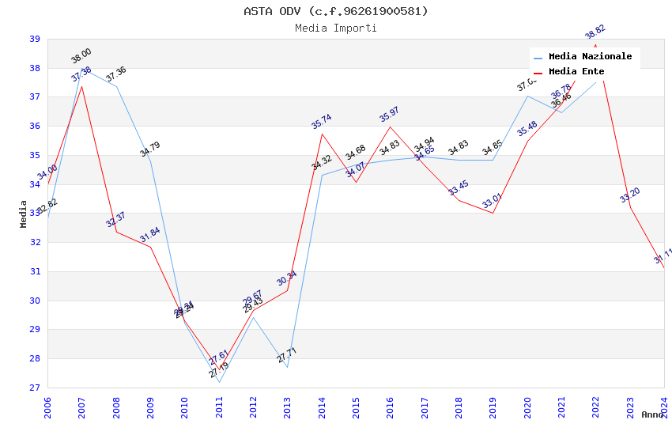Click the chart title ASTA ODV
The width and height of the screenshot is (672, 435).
335,11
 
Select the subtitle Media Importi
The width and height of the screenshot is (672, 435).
335,28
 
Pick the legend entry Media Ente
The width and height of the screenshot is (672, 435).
576,71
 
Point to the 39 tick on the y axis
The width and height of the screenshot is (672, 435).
35,39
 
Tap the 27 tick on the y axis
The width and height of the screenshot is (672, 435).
35,388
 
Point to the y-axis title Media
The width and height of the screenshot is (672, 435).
24,214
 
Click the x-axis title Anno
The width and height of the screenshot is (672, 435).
652,414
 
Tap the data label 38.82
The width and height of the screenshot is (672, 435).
595,33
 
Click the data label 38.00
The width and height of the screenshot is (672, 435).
81,55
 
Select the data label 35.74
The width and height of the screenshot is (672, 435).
321,121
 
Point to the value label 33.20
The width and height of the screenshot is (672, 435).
630,195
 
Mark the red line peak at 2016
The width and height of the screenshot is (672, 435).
391,127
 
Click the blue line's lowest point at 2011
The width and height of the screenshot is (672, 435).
219,382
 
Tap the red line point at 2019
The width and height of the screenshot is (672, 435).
493,213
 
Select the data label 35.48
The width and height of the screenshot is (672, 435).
527,128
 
